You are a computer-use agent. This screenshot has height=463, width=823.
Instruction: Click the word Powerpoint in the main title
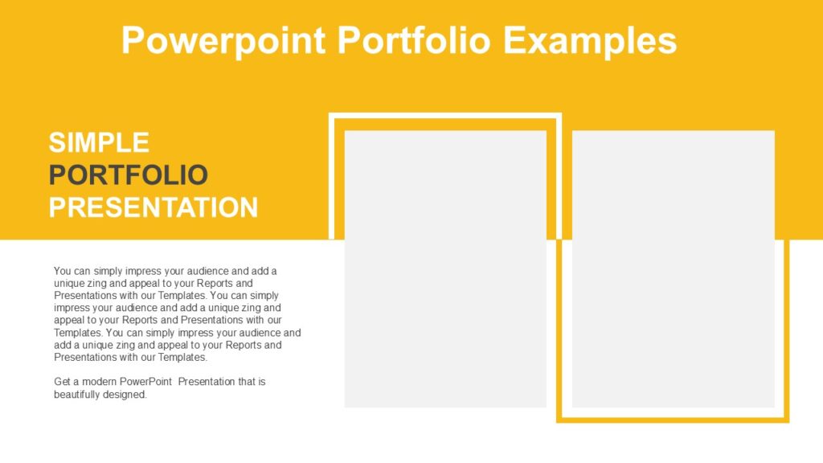pyautogui.click(x=223, y=39)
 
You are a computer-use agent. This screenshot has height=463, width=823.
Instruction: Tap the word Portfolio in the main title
pyautogui.click(x=414, y=39)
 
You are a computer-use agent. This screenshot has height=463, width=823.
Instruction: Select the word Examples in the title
pyautogui.click(x=590, y=39)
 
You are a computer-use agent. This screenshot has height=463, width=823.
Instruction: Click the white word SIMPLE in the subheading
pyautogui.click(x=99, y=142)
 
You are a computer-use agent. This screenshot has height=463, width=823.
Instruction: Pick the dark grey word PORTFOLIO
pyautogui.click(x=129, y=174)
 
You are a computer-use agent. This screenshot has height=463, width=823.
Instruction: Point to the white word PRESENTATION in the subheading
pyautogui.click(x=154, y=207)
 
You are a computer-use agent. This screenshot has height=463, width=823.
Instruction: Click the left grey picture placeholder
pyautogui.click(x=445, y=268)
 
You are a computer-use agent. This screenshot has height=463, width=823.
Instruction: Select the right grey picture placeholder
pyautogui.click(x=673, y=268)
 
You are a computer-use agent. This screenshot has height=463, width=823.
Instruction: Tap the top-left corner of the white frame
pyautogui.click(x=332, y=116)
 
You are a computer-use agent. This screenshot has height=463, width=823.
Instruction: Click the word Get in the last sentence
pyautogui.click(x=63, y=382)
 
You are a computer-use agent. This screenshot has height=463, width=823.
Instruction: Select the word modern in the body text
pyautogui.click(x=102, y=382)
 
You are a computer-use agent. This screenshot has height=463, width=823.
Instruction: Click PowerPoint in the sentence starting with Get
pyautogui.click(x=148, y=382)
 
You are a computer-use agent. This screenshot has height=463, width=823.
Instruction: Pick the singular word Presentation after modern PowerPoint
pyautogui.click(x=207, y=382)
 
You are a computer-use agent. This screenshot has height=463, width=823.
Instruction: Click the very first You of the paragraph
pyautogui.click(x=63, y=271)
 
